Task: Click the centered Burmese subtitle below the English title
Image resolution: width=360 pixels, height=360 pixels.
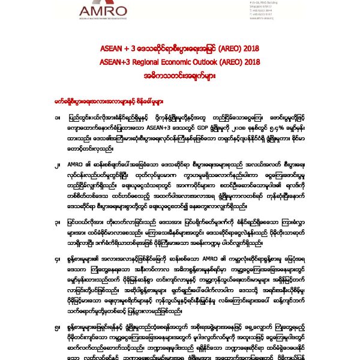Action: click(179, 73)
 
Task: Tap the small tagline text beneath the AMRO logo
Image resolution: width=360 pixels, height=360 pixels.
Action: click(113, 22)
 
